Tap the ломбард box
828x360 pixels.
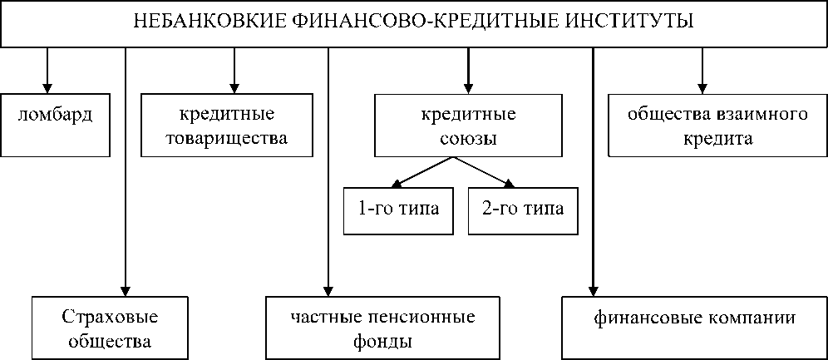click(56, 124)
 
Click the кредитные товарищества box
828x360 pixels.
click(226, 125)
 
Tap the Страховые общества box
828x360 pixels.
click(110, 328)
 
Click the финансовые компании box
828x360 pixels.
click(694, 319)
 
